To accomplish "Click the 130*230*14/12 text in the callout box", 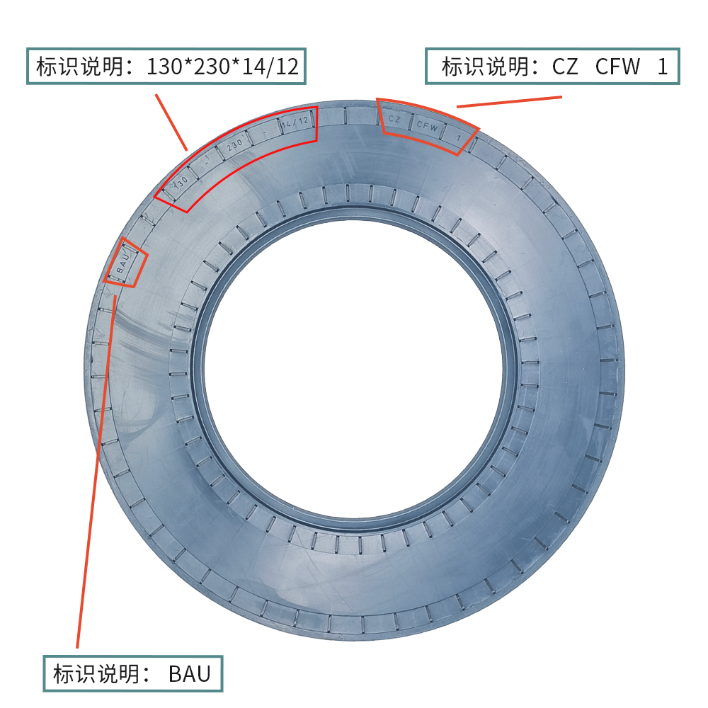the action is point(222,67).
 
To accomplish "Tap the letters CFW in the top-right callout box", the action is point(617,67).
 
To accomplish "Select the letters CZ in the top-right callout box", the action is point(565,67).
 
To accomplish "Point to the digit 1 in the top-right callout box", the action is point(663,67).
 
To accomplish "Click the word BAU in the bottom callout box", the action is point(190,674).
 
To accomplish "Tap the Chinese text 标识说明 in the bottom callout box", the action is point(96,674).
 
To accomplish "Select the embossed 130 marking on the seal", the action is point(181,183).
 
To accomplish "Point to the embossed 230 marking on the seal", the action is point(234,145).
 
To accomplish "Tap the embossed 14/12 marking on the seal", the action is point(295,122).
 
